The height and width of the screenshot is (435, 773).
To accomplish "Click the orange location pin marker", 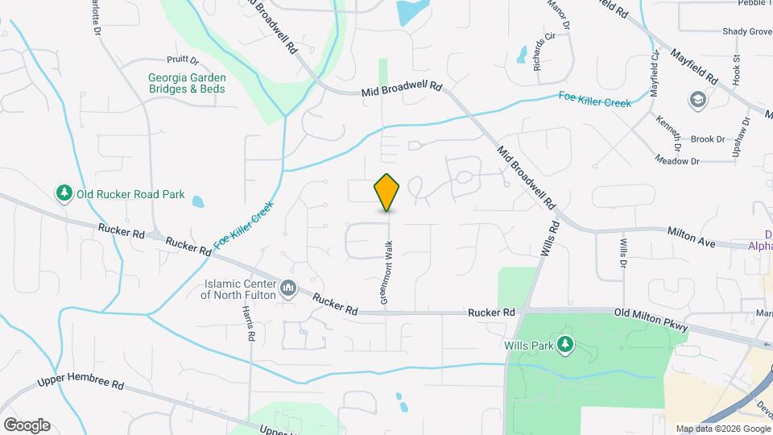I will [x=387, y=193].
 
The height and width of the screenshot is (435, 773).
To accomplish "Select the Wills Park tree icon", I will [x=566, y=345].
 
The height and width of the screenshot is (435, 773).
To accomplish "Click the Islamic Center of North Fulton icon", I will [x=288, y=288].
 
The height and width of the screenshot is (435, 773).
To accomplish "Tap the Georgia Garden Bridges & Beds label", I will [x=186, y=83].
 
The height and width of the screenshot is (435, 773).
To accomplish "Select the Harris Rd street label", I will [x=252, y=324].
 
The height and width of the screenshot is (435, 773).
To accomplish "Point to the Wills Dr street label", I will [x=623, y=252].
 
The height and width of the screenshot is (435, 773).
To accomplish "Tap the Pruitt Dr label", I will [x=183, y=59].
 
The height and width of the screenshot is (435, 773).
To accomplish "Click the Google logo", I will [x=26, y=425].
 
